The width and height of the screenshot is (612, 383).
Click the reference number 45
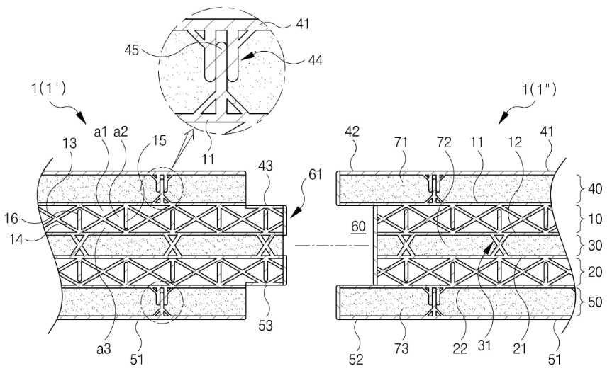(131, 50)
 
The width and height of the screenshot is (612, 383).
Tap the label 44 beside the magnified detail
(316, 60)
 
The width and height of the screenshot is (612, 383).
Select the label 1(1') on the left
(48, 88)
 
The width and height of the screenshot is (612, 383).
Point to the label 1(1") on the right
(539, 90)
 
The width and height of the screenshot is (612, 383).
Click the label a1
(100, 132)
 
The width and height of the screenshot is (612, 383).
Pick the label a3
(104, 349)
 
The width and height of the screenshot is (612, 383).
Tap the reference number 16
(11, 218)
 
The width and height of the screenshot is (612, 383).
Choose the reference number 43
(265, 166)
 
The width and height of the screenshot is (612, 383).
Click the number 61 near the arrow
(316, 175)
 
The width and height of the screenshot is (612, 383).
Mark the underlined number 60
(358, 227)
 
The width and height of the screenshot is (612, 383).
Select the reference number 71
(401, 142)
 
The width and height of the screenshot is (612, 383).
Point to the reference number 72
(444, 142)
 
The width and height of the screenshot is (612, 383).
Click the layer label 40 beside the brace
(594, 189)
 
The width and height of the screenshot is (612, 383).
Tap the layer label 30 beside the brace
(594, 246)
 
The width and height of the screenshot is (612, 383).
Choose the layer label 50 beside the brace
(594, 302)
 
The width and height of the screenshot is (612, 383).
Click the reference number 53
(265, 326)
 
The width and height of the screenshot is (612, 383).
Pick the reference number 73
(401, 348)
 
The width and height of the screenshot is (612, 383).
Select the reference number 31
(484, 345)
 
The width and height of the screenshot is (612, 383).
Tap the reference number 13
(70, 144)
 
